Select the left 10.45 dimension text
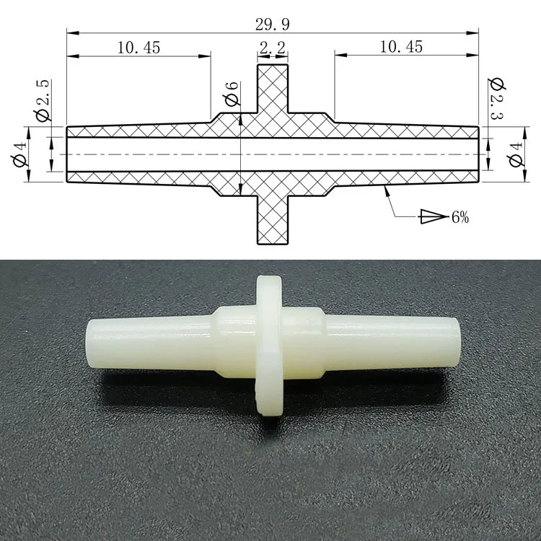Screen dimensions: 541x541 pos(137,48)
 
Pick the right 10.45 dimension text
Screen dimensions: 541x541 pos(401,48)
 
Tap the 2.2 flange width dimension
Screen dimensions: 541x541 pos(273,48)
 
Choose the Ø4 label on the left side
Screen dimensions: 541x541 pos(19,154)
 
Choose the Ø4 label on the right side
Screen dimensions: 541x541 pos(516,154)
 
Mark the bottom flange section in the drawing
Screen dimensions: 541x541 pos(273,220)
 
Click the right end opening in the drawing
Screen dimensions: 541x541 pos(477,154)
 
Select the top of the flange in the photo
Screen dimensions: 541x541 pos(269,278)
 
